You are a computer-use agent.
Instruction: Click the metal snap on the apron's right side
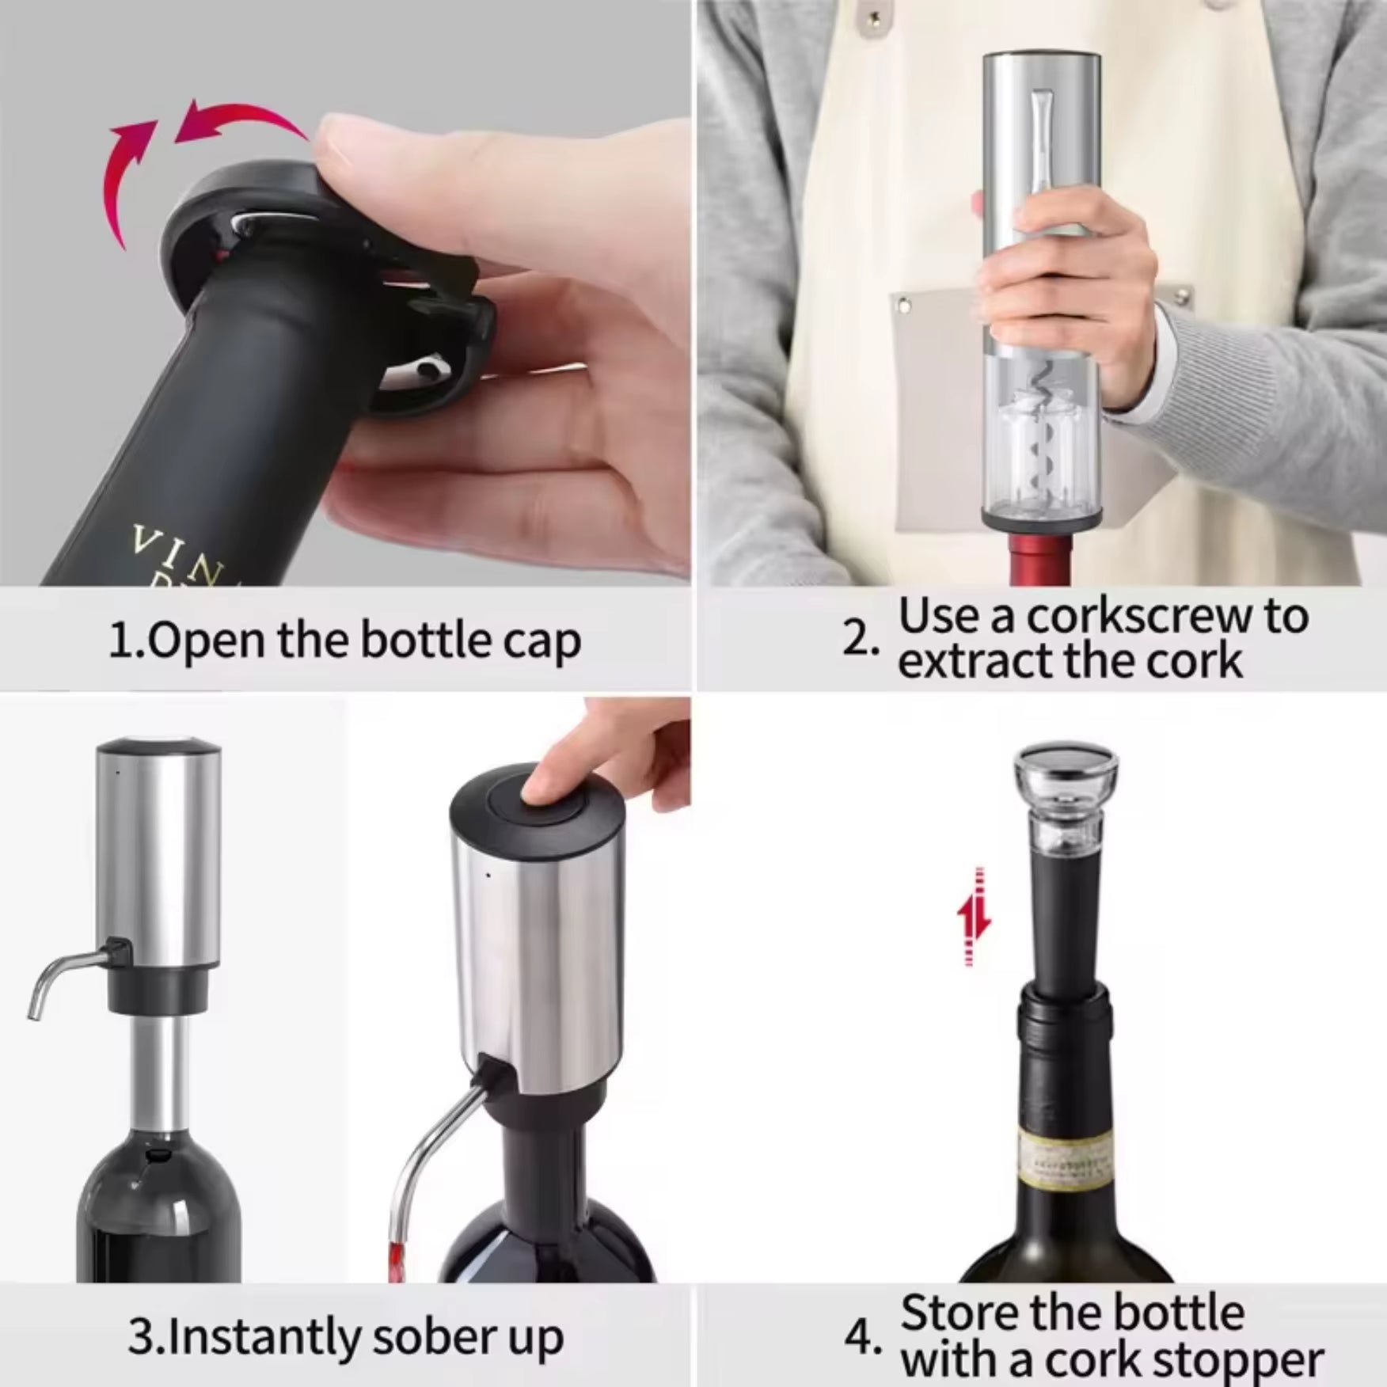[x=1182, y=296]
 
